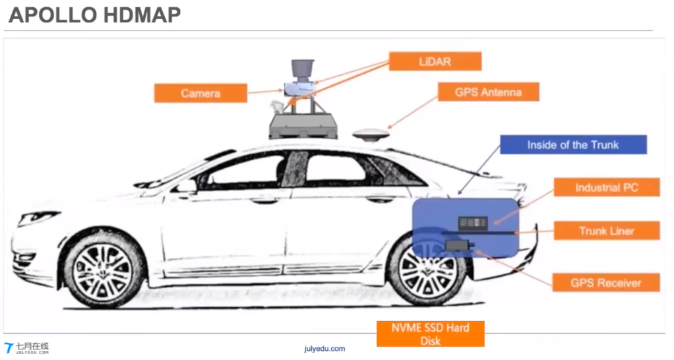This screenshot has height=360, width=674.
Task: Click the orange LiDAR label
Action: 435,61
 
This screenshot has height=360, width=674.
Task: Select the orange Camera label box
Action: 200,93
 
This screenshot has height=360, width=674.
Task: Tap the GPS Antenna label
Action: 488,92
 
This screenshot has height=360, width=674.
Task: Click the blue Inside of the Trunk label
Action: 572,144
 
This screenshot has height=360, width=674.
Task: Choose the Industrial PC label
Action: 606,187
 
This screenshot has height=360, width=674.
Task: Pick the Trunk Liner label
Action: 606,231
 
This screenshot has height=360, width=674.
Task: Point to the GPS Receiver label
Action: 605,283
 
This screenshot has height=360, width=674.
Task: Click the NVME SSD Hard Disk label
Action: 430,333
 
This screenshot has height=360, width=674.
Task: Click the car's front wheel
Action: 104,270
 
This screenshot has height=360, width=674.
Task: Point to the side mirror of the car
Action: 187,186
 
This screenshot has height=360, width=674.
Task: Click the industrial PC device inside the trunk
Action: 472,223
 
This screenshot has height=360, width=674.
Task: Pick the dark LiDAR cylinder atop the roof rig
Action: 301,69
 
